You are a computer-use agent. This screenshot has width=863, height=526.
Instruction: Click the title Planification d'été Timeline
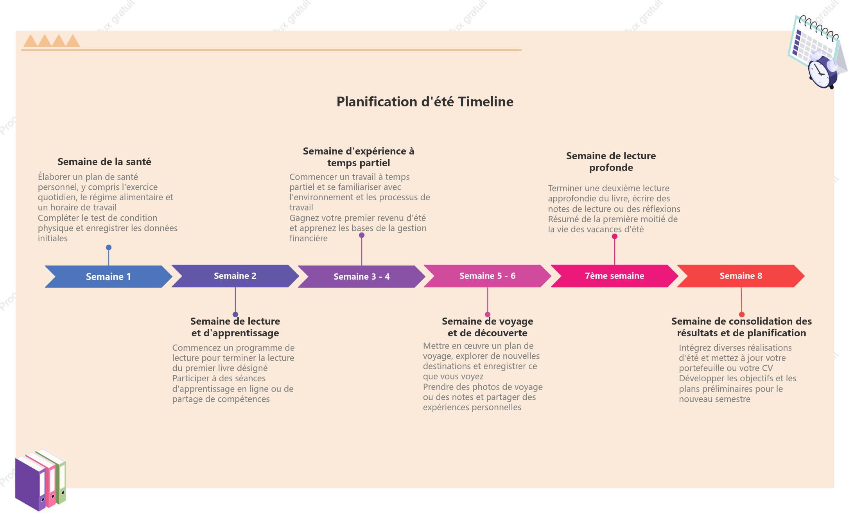click(425, 102)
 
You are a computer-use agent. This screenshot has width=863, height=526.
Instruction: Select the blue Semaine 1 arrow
click(108, 276)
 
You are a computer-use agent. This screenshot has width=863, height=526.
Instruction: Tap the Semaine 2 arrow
click(235, 276)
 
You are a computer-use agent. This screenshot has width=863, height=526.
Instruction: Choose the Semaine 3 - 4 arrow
click(361, 276)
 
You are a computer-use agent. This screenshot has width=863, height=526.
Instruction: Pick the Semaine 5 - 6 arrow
click(487, 276)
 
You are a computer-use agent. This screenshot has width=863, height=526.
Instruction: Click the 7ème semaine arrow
click(614, 276)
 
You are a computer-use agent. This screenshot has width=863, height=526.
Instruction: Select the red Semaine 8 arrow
click(741, 276)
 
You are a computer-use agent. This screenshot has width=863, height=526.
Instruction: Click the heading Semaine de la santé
click(104, 162)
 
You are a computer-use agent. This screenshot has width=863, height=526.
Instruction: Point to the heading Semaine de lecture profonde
click(611, 162)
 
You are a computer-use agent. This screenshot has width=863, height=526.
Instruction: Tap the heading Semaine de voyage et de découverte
click(487, 327)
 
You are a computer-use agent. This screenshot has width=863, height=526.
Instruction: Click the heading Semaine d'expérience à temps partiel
click(358, 157)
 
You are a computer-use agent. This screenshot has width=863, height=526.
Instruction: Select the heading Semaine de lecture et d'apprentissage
click(235, 327)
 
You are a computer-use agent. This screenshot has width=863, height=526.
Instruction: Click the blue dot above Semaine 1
click(109, 247)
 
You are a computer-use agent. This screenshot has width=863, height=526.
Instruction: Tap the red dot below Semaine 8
click(742, 314)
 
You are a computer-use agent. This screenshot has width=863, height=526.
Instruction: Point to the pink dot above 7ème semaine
click(615, 236)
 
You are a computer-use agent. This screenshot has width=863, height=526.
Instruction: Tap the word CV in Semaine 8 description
click(767, 368)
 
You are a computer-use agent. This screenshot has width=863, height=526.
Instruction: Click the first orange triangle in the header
click(31, 41)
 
